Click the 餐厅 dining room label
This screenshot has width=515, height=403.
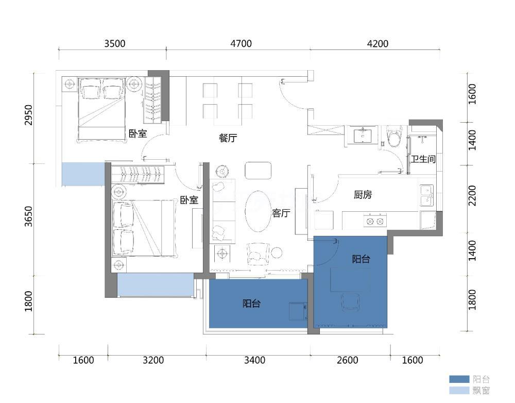coord(228,138)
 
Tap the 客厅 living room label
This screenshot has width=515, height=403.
coord(281,213)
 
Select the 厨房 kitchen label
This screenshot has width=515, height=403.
coord(363,195)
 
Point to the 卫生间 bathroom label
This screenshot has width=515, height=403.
coord(423,159)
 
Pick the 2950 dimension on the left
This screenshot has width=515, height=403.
coord(29,115)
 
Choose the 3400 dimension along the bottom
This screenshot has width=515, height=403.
coord(254,360)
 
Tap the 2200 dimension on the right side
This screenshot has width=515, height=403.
coord(472,196)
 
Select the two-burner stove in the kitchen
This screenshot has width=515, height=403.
coord(375,221)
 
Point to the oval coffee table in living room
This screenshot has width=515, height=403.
coord(259,211)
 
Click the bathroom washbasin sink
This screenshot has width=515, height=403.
coord(363,136)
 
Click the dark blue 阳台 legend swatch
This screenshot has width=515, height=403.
coord(459,379)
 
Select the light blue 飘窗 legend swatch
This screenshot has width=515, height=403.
coord(459,390)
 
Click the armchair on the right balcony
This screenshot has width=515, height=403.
coord(350,303)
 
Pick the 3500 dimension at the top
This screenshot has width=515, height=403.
coord(115,43)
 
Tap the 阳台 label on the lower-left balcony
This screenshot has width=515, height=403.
coord(252,303)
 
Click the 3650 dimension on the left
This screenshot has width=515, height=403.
coord(29,216)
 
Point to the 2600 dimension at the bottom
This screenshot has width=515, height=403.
coord(348,360)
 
